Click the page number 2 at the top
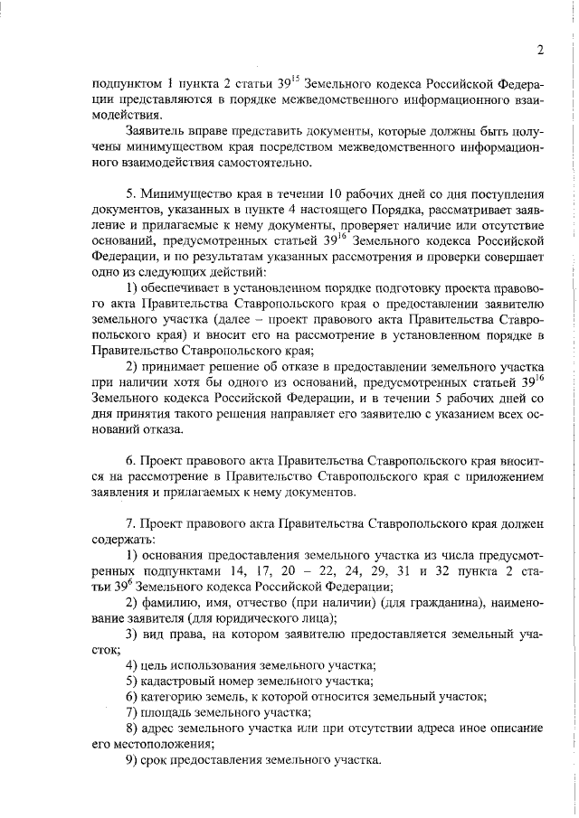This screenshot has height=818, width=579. click(x=538, y=50)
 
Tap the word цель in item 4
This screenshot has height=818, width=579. click(x=157, y=665)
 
